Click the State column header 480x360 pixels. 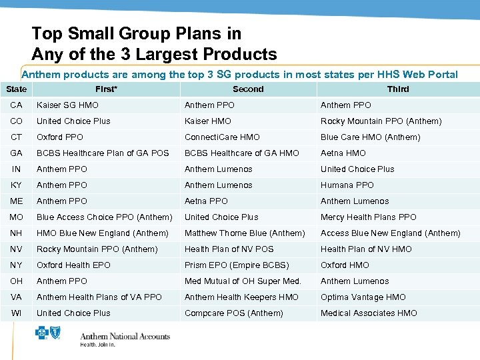(16, 89)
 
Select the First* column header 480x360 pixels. (106, 89)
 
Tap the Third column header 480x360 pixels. (398, 89)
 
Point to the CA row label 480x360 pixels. (16, 105)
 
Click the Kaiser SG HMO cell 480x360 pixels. (67, 105)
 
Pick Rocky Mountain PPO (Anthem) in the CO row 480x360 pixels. (381, 121)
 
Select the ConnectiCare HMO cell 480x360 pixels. (222, 137)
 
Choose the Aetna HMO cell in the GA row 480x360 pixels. (343, 153)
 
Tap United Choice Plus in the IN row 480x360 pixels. (357, 169)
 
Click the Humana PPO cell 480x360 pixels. (347, 185)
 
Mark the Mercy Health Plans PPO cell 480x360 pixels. (368, 217)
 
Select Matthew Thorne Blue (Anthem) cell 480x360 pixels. (245, 233)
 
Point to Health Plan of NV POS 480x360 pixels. (229, 249)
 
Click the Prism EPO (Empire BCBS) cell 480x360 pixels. (237, 265)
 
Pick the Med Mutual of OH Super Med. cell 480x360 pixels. (243, 281)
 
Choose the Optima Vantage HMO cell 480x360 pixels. (363, 297)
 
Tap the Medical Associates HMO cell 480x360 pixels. (369, 313)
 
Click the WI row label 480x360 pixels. (16, 313)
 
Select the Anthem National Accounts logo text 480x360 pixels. (125, 335)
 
